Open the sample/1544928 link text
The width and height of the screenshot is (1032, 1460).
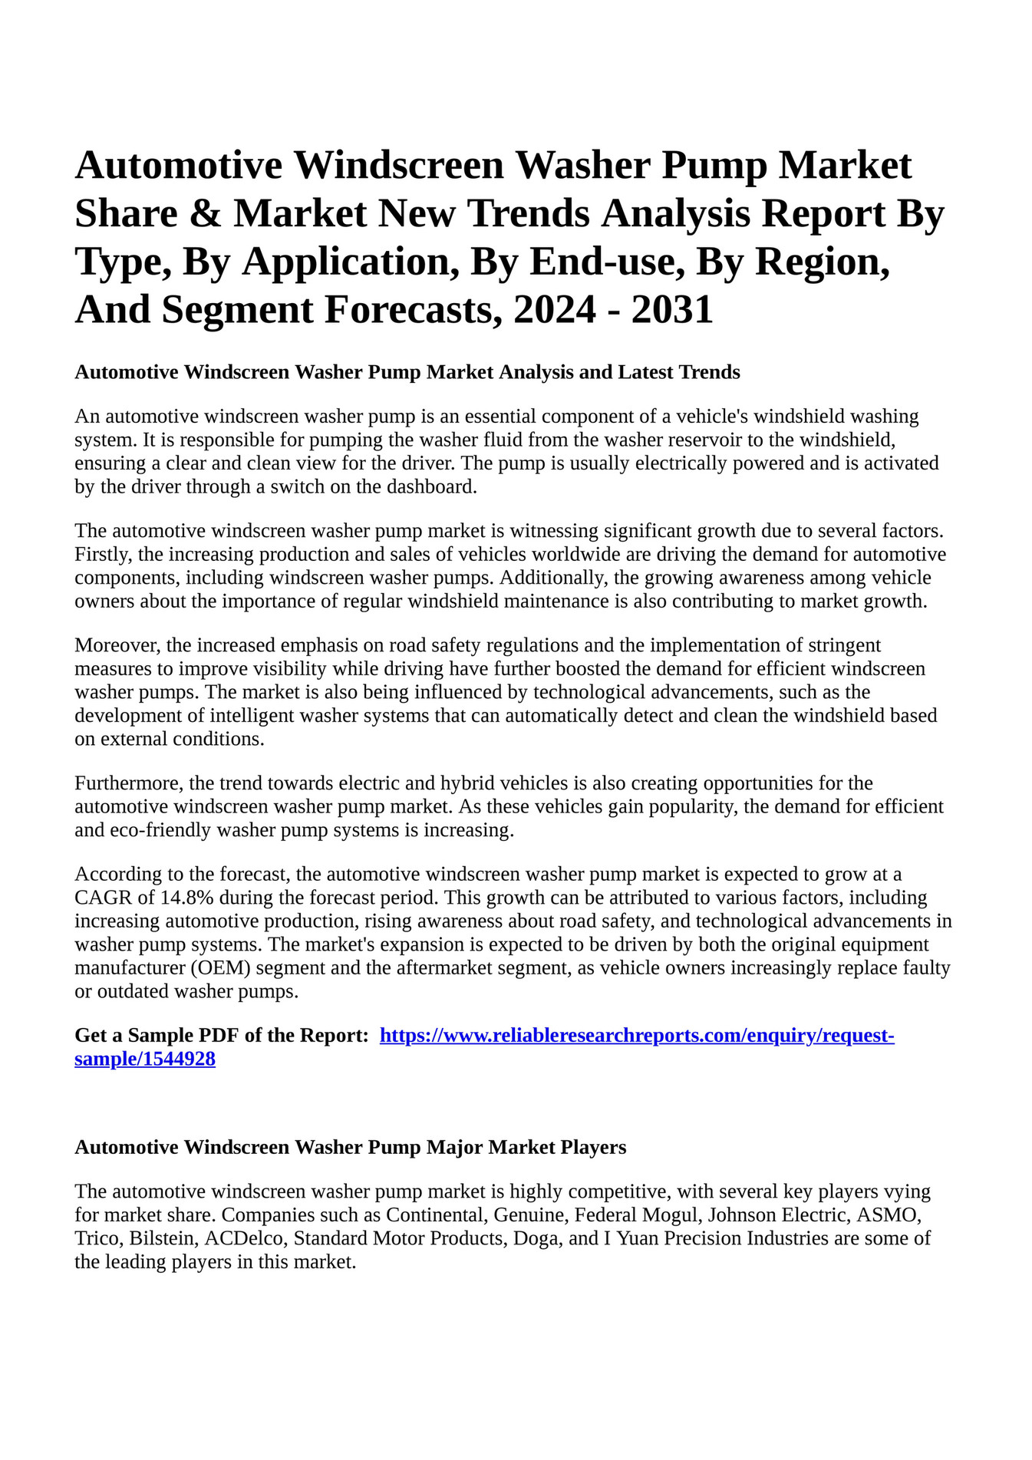145,1060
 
